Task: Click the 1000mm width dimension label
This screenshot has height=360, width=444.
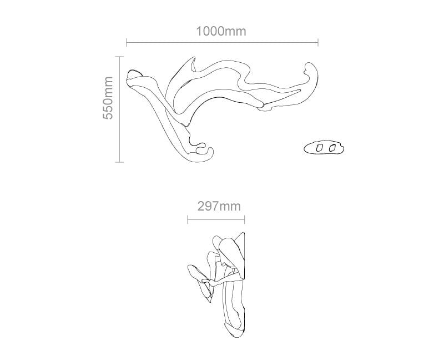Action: (221, 31)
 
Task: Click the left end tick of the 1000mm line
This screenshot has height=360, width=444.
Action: (127, 42)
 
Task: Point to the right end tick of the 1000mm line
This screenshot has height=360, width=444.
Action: (317, 42)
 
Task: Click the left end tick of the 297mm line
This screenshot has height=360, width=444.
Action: (188, 220)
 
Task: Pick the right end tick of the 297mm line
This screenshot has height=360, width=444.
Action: (245, 220)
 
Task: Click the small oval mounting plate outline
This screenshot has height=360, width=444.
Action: (325, 148)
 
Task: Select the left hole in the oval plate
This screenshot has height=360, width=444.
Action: (319, 148)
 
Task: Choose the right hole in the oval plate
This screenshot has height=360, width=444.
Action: (332, 148)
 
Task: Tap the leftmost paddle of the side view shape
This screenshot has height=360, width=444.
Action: (194, 272)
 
